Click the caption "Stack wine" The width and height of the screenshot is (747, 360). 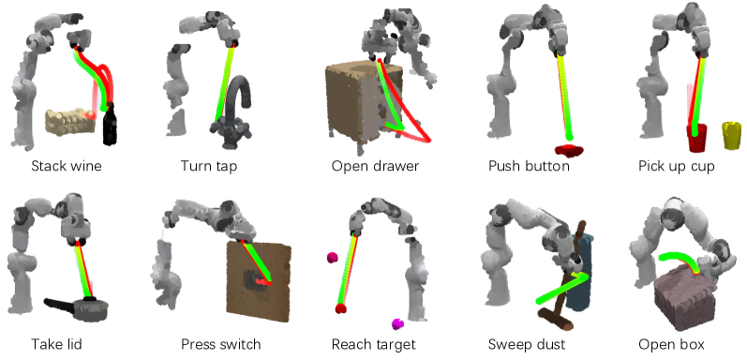67,166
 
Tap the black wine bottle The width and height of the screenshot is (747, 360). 110,124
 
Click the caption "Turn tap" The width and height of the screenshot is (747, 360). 209,166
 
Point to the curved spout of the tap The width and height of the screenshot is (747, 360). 240,92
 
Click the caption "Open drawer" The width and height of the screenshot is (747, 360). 375,166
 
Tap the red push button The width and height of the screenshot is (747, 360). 569,151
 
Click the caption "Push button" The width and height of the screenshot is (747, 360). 529,166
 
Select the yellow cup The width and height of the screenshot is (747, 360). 732,135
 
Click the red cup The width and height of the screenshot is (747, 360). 696,137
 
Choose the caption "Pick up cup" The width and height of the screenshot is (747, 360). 677,167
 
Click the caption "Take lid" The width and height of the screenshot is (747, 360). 56,344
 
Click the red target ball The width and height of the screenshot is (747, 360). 340,308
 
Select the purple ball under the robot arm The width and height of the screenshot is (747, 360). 397,324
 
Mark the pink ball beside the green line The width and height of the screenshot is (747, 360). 332,258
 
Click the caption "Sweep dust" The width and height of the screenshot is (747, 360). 527,344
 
